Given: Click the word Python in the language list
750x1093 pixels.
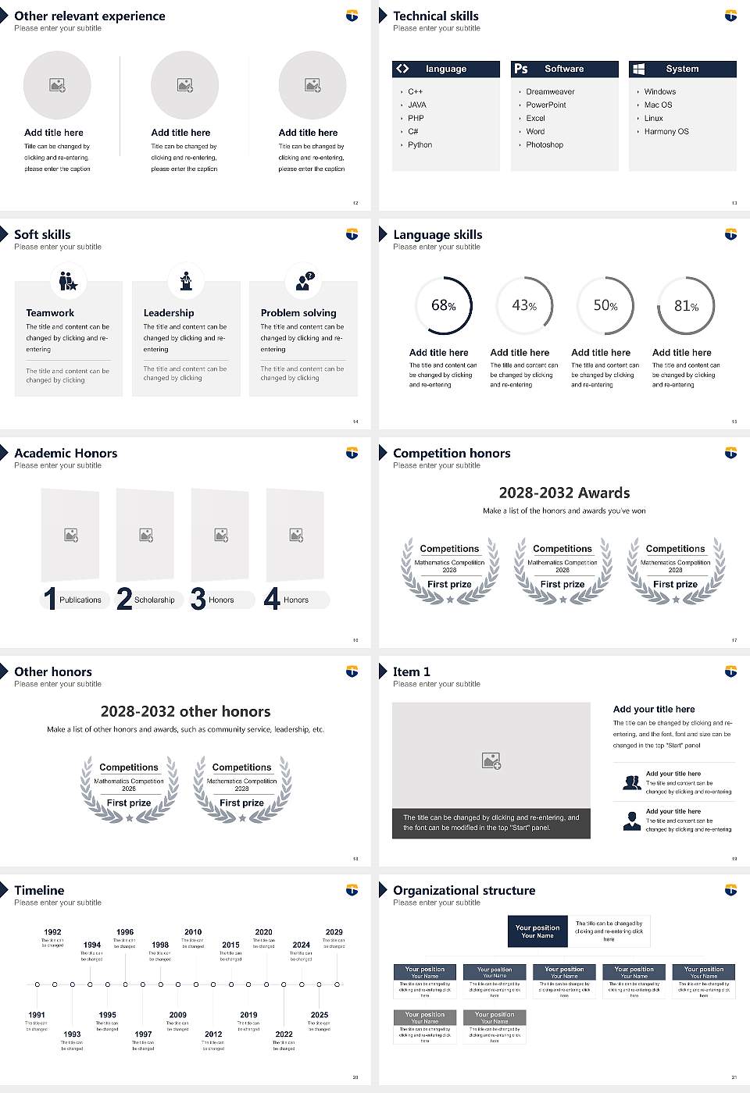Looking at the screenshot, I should click(420, 144).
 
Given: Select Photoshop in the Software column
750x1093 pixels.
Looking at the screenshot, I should click(545, 144).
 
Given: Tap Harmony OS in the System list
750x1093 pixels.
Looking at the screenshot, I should click(666, 131).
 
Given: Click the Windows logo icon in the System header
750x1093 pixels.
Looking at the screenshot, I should click(638, 69).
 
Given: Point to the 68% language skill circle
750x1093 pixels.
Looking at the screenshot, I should click(444, 305).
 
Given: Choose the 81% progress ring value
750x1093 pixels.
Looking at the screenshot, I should click(686, 305).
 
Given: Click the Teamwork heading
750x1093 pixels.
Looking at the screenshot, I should click(50, 312).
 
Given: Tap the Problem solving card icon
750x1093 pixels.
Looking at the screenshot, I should click(303, 281).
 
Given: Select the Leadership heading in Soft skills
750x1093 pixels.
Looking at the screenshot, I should click(169, 312).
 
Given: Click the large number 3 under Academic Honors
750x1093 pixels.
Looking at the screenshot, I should click(198, 599).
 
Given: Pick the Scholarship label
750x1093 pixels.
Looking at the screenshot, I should click(154, 600).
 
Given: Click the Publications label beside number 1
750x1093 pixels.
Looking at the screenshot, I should click(80, 600).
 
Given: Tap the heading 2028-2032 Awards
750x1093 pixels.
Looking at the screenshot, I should click(564, 493).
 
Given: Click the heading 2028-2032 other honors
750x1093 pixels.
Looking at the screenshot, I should click(185, 711).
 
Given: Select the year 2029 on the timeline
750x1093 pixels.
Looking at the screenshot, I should click(334, 931).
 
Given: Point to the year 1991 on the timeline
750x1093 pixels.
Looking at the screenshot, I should click(37, 1015).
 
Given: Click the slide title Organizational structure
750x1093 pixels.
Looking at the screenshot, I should click(464, 890).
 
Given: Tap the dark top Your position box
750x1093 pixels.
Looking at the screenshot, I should click(537, 931).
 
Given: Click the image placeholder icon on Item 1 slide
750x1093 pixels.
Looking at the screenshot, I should click(491, 760).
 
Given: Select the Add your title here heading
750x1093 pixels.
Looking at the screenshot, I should click(654, 709).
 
